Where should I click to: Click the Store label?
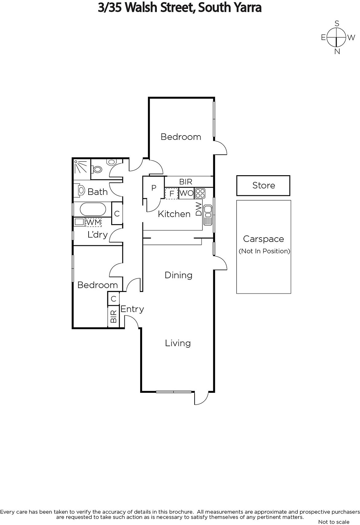pyautogui.click(x=264, y=185)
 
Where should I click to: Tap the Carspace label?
pyautogui.click(x=264, y=239)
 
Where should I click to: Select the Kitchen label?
pyautogui.click(x=174, y=214)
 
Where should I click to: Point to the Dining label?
pyautogui.click(x=179, y=275)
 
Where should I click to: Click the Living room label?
pyautogui.click(x=178, y=343)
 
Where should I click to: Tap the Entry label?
pyautogui.click(x=132, y=309)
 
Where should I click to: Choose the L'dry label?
pyautogui.click(x=97, y=235)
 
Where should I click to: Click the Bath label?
pyautogui.click(x=97, y=192)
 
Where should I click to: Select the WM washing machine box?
pyautogui.click(x=94, y=222)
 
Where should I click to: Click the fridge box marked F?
pyautogui.click(x=172, y=194)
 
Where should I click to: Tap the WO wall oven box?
pyautogui.click(x=186, y=193)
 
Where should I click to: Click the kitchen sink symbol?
pyautogui.click(x=208, y=215)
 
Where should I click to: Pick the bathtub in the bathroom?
pyautogui.click(x=93, y=209)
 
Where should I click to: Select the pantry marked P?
pyautogui.click(x=154, y=188)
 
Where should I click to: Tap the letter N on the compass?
pyautogui.click(x=337, y=52)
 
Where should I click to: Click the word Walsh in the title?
pyautogui.click(x=141, y=8)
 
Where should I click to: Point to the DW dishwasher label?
pyautogui.click(x=199, y=209)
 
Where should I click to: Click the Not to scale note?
pyautogui.click(x=334, y=522)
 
